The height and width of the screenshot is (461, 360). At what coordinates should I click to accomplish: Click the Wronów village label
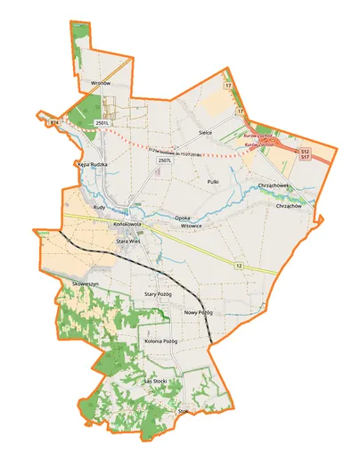(x=101, y=83)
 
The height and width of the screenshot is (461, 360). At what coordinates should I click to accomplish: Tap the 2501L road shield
(x=102, y=122)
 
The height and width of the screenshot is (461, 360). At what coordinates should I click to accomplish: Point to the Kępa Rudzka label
(x=92, y=165)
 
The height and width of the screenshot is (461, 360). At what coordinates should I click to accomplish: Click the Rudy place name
(x=99, y=206)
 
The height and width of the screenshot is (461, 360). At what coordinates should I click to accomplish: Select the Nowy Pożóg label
(x=198, y=313)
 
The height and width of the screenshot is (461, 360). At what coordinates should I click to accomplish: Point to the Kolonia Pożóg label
(x=161, y=342)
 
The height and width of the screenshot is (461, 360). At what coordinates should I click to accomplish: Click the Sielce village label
(x=205, y=131)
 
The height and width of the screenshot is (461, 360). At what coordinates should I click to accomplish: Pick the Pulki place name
(x=212, y=181)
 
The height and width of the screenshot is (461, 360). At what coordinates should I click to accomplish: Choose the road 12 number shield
(x=240, y=265)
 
